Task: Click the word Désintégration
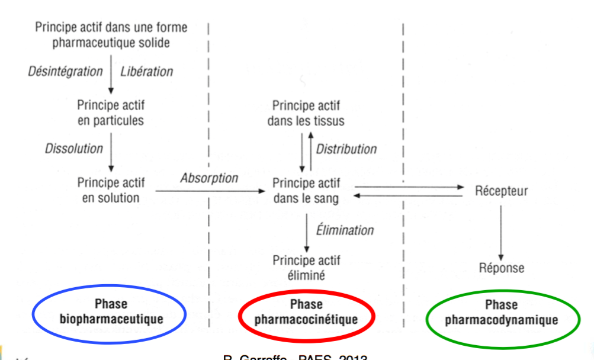pyautogui.click(x=66, y=72)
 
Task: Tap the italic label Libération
pyautogui.click(x=147, y=72)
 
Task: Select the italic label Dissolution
pyautogui.click(x=74, y=149)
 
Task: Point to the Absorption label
pyautogui.click(x=210, y=178)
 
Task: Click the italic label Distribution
pyautogui.click(x=346, y=149)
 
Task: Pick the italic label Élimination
pyautogui.click(x=345, y=230)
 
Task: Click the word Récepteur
pyautogui.click(x=502, y=191)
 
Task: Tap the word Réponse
pyautogui.click(x=502, y=268)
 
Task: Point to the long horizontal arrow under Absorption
pyautogui.click(x=210, y=191)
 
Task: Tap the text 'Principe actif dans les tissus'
pyautogui.click(x=306, y=113)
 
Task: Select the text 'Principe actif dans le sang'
pyautogui.click(x=306, y=191)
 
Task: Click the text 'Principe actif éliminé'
pyautogui.click(x=306, y=268)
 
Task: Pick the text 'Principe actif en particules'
pyautogui.click(x=111, y=112)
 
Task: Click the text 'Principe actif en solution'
pyautogui.click(x=111, y=189)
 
